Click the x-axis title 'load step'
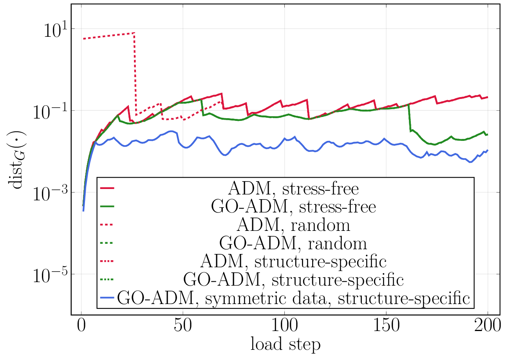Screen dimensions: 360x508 [285, 345]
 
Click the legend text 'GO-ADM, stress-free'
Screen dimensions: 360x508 [293, 207]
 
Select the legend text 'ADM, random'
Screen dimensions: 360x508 [293, 225]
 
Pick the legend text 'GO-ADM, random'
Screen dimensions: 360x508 [293, 243]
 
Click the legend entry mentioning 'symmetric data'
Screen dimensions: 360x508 [293, 298]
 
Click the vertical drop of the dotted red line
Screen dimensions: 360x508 [135, 74]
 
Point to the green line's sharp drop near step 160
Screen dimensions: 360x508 [409, 117]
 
